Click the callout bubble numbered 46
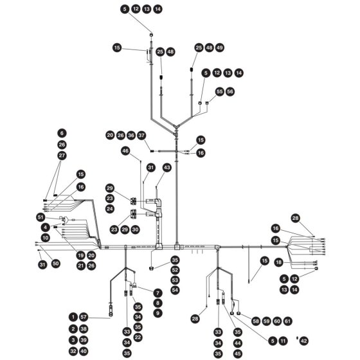125,151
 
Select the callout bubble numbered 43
167,168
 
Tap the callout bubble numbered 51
40,217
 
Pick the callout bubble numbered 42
303,341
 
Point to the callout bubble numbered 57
84,318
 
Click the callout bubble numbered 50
55,264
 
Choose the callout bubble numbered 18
279,262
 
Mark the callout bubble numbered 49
220,48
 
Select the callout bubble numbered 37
141,135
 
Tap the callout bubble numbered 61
288,321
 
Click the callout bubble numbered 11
283,341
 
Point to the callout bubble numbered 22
138,337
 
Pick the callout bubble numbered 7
157,293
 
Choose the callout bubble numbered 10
46,238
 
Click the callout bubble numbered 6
62,133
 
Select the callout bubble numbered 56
230,91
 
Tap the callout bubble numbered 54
175,290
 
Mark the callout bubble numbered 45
238,354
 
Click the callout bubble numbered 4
46,228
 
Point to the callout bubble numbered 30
135,230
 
